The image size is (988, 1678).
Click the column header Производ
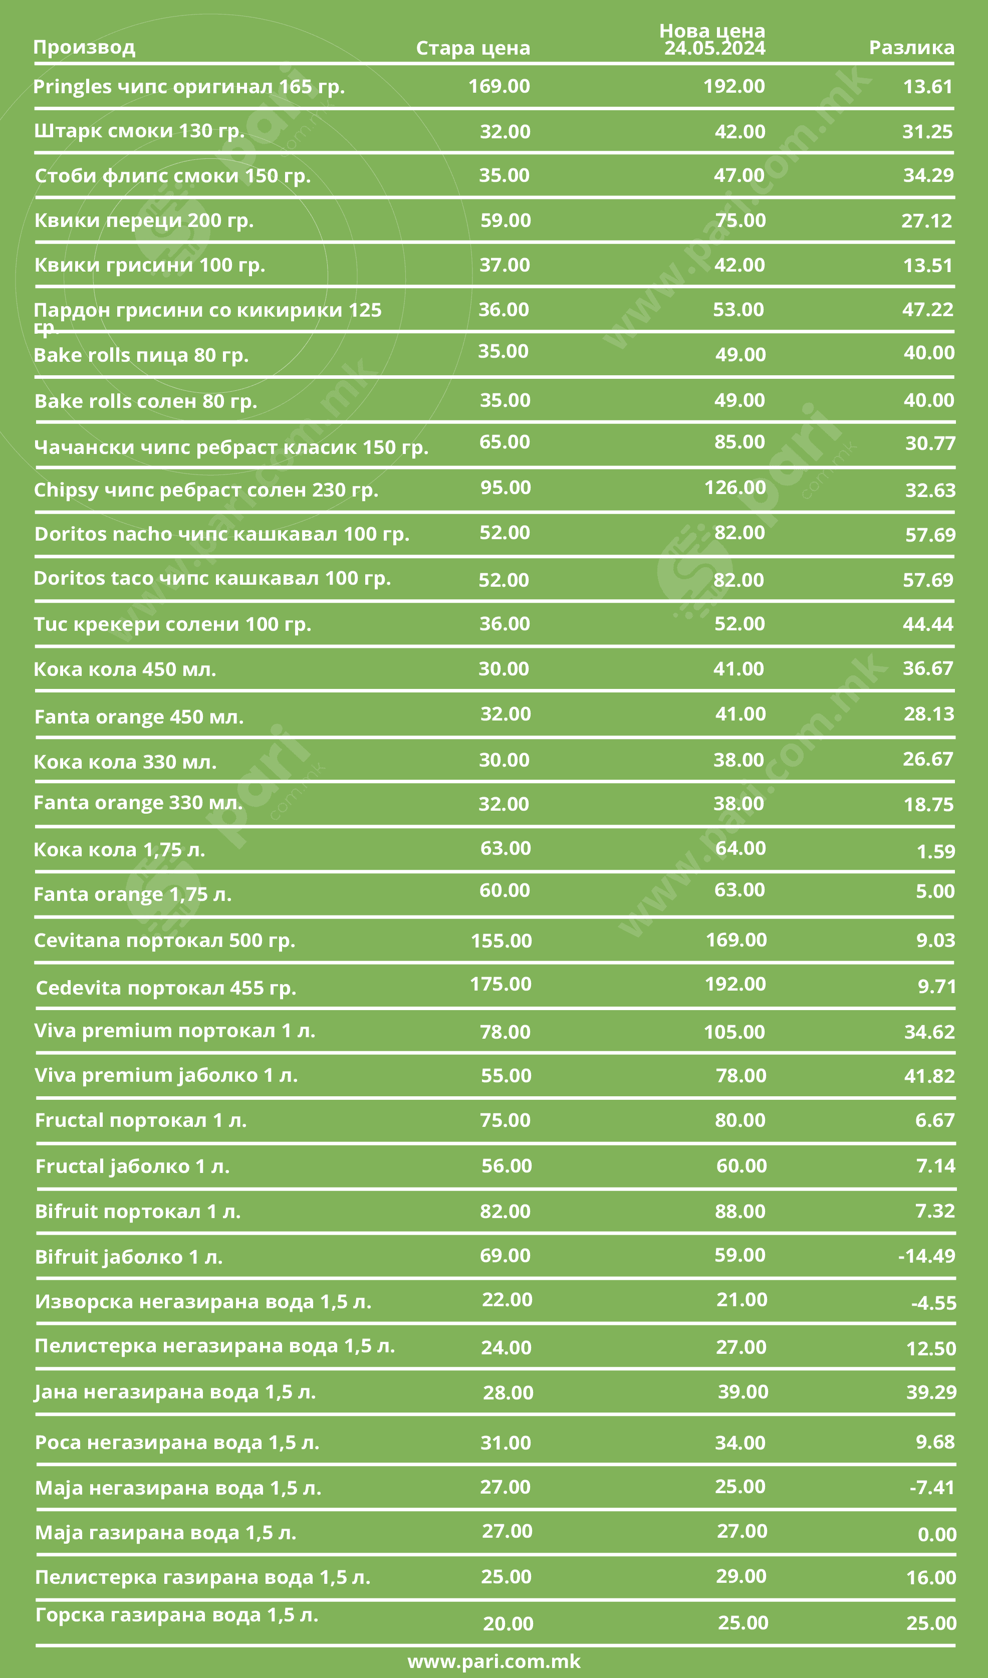tap(84, 47)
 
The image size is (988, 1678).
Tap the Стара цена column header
tap(472, 48)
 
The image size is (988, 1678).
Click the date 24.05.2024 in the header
tap(714, 48)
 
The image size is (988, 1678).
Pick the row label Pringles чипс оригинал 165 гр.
tap(188, 87)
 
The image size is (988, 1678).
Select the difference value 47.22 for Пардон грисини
tap(927, 309)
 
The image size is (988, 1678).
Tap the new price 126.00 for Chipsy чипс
tap(734, 488)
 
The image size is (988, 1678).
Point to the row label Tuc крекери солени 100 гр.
tap(172, 624)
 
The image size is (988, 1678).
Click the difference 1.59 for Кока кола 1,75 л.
tap(935, 851)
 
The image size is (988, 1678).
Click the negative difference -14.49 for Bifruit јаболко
tap(926, 1255)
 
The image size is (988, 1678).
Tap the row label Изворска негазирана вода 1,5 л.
tap(203, 1301)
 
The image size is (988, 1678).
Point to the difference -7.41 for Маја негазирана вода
tap(931, 1487)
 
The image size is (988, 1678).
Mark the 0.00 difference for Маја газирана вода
tap(936, 1534)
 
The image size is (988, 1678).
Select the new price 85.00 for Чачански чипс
tap(739, 441)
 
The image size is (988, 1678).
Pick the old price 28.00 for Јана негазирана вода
tap(508, 1392)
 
